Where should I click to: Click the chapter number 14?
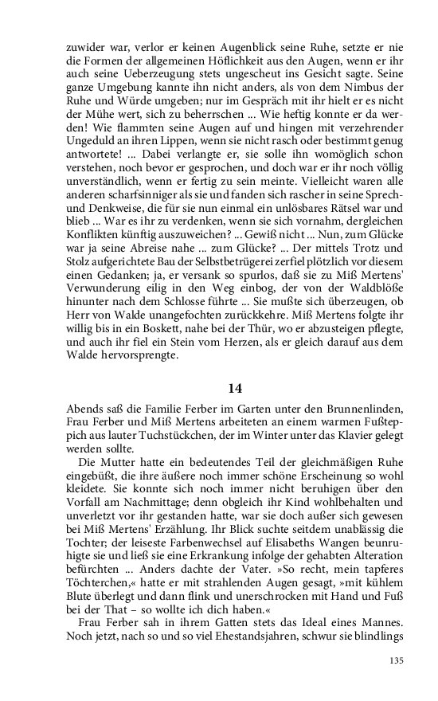[x=234, y=389]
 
